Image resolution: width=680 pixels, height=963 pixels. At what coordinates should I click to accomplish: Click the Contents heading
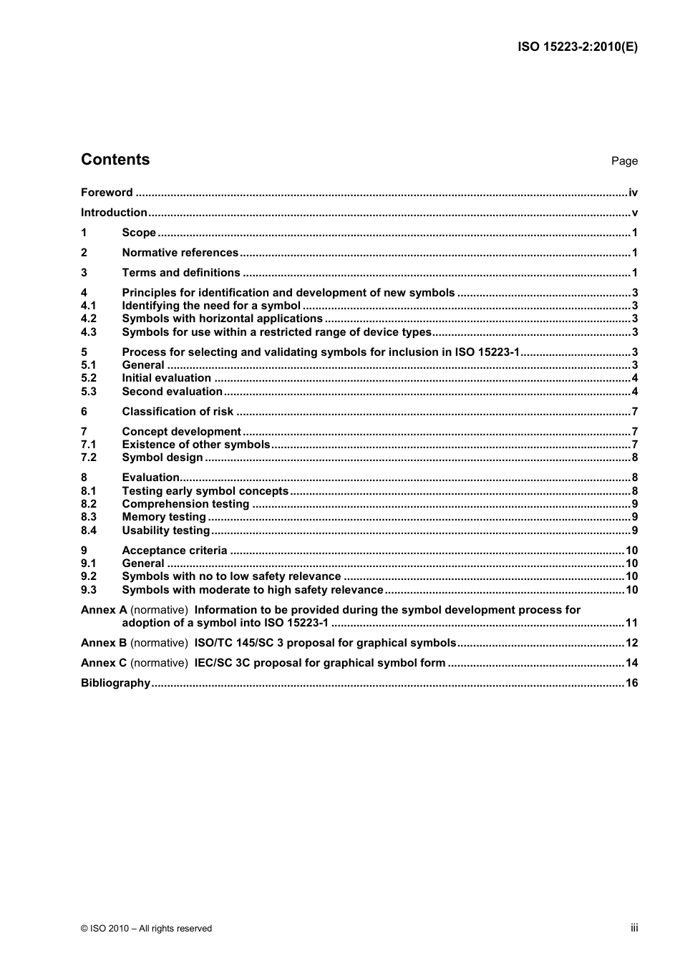[115, 160]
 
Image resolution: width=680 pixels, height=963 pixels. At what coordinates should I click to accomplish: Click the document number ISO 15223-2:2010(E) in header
[577, 47]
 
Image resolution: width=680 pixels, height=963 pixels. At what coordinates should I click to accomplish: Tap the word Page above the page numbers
[624, 161]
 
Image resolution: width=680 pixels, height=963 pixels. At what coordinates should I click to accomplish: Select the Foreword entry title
[107, 193]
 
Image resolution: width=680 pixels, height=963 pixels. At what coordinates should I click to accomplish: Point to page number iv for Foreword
[633, 193]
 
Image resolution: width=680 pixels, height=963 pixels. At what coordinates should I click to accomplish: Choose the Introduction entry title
[114, 213]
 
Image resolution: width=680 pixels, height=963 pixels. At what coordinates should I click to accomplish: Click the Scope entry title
[139, 233]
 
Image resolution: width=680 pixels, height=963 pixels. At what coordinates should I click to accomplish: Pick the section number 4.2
[88, 319]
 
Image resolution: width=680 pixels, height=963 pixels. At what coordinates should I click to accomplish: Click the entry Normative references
[180, 253]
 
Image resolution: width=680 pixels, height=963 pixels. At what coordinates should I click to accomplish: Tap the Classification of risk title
[178, 412]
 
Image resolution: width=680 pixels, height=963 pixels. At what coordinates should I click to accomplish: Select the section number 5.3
[88, 392]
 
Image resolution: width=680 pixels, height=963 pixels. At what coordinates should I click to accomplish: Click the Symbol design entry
[162, 458]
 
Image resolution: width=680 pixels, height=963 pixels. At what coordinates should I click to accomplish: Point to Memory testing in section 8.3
[164, 517]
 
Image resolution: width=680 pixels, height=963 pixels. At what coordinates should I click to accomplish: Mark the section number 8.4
[88, 531]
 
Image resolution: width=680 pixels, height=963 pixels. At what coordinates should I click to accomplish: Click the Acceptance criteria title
[175, 551]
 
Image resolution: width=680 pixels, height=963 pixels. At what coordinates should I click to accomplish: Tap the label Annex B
[104, 643]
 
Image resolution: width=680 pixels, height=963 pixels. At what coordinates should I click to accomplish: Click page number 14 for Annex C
[631, 663]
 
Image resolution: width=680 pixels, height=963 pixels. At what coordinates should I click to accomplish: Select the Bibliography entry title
[115, 683]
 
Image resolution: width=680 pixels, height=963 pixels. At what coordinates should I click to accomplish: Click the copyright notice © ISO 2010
[146, 929]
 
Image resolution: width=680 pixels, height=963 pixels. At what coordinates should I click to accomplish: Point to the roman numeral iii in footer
[634, 928]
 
